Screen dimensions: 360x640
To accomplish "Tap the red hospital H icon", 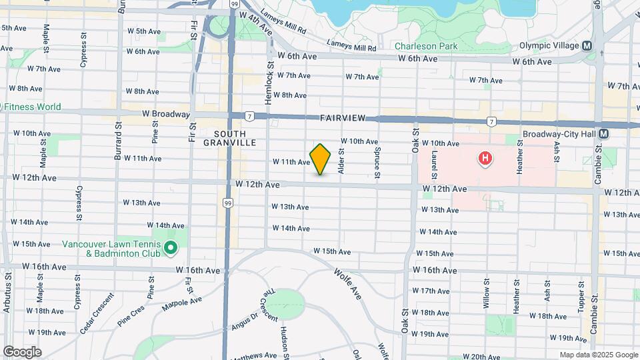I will (x=486, y=159).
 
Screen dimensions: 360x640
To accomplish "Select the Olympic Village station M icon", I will (x=587, y=46).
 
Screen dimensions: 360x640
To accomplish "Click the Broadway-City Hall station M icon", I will (x=603, y=133).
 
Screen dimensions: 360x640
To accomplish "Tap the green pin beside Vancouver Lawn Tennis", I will (x=171, y=249).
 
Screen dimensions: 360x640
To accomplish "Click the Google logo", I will (x=22, y=352).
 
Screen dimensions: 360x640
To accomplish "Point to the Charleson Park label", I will (x=425, y=47).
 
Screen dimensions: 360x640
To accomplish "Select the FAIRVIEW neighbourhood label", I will (x=343, y=118).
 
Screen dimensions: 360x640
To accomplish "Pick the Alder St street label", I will (x=341, y=162).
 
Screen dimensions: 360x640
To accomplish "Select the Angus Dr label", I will (x=245, y=322).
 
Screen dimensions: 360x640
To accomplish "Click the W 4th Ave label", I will (x=257, y=25).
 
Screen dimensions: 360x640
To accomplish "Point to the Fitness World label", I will (x=33, y=107).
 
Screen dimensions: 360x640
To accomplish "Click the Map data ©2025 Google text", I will (x=598, y=355).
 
